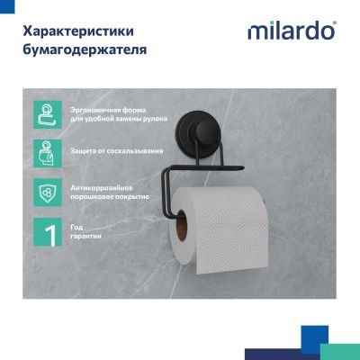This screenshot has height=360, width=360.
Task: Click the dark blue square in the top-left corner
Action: (x=7, y=7)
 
